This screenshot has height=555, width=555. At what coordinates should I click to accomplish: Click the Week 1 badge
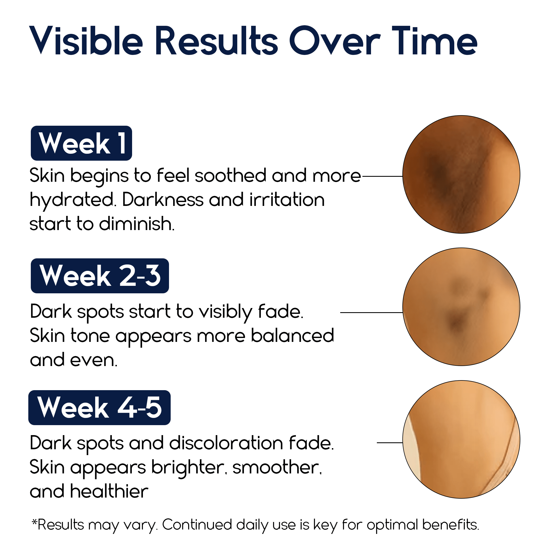click(x=81, y=143)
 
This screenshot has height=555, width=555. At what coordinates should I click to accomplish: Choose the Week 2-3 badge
click(x=100, y=276)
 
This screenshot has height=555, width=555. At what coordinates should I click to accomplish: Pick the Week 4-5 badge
click(x=99, y=407)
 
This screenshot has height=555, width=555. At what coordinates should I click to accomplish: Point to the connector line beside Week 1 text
click(x=382, y=176)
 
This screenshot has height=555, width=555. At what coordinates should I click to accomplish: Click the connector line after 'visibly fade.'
click(x=372, y=312)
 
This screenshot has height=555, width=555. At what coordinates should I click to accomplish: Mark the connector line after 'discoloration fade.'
click(x=390, y=443)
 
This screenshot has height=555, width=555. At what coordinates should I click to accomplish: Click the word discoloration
click(x=226, y=443)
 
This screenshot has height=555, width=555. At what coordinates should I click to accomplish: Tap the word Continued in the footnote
click(x=197, y=525)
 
